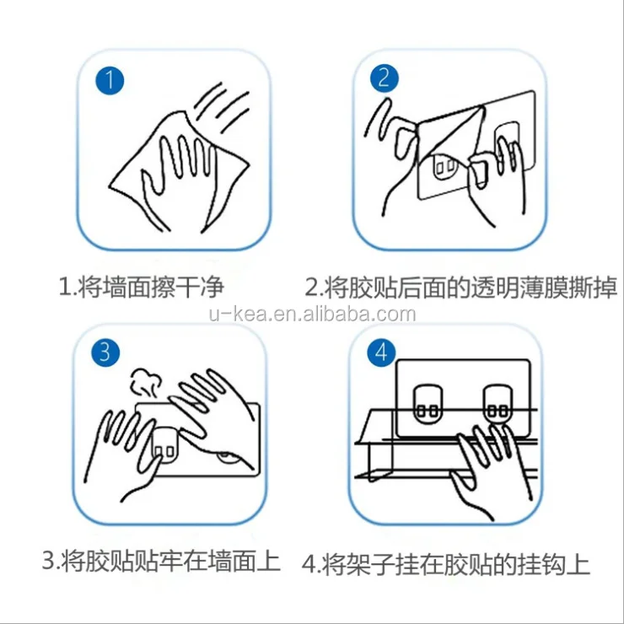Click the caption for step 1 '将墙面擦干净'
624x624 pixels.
click(x=141, y=287)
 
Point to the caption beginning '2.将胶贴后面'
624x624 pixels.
click(x=460, y=287)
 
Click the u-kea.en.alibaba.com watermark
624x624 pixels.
click(x=312, y=315)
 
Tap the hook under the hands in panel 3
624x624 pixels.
click(x=164, y=448)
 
